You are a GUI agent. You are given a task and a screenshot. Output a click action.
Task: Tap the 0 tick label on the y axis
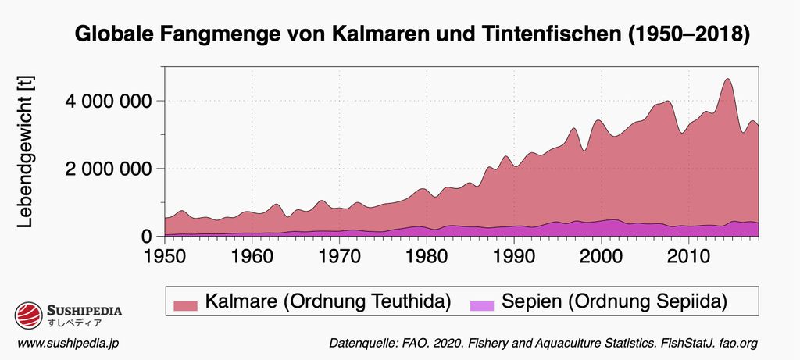(146, 237)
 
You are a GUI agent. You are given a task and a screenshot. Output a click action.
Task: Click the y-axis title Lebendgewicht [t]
(25, 151)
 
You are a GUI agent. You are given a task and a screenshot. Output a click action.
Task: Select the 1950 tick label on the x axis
(165, 256)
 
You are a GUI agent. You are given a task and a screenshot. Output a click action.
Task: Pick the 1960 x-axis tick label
(252, 256)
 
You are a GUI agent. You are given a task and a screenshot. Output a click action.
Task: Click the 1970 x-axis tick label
(339, 256)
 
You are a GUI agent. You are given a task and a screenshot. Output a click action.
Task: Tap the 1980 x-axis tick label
(427, 256)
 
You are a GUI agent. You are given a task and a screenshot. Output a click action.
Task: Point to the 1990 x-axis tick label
(513, 256)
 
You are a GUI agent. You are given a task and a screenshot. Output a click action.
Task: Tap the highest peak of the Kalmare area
(727, 79)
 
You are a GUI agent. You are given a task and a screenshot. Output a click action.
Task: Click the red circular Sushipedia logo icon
(29, 315)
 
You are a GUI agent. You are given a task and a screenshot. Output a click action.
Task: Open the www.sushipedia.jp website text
(68, 344)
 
